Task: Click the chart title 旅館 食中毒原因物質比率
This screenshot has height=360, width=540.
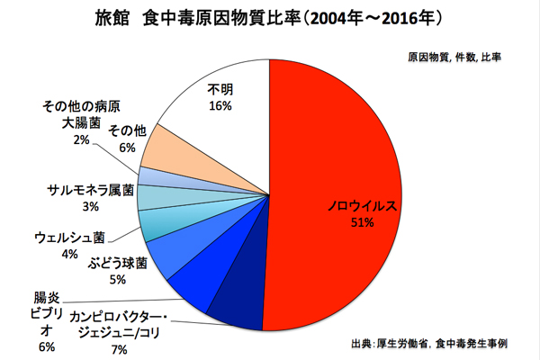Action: coord(270,18)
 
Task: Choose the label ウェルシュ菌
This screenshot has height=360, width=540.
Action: coord(69,238)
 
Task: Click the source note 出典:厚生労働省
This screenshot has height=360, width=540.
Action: coord(441,344)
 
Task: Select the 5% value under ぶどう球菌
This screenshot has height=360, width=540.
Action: coord(117,279)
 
